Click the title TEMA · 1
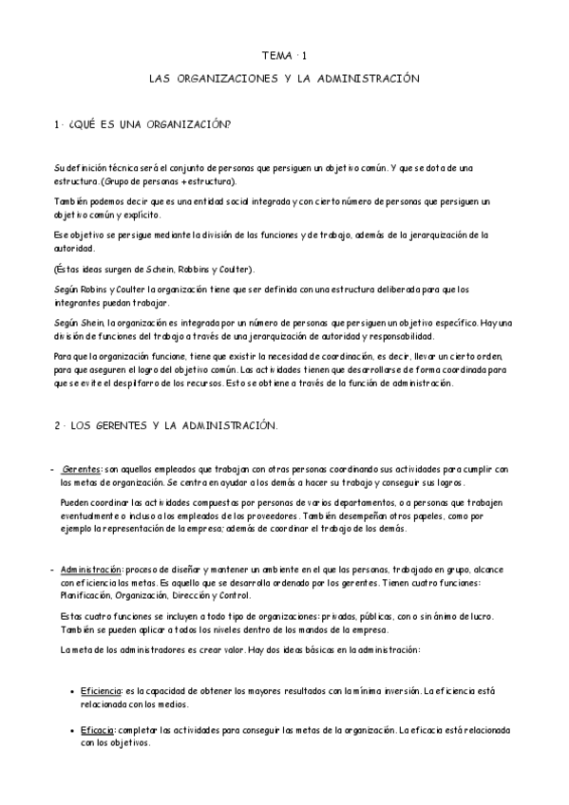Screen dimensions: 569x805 pyautogui.click(x=285, y=57)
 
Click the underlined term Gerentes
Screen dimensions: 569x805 pyautogui.click(x=82, y=469)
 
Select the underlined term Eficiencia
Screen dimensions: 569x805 pyautogui.click(x=104, y=691)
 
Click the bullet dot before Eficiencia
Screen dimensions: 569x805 pyautogui.click(x=73, y=692)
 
